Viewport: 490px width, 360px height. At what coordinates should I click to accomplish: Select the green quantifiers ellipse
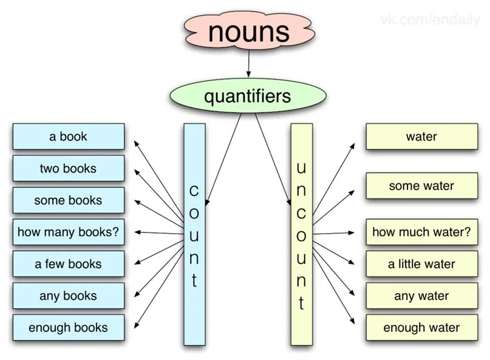[x=247, y=96]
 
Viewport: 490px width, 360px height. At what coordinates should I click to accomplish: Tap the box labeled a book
[x=68, y=137]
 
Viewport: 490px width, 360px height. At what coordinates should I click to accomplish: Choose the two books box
[x=68, y=168]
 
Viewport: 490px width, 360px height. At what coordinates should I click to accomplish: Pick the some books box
[x=68, y=200]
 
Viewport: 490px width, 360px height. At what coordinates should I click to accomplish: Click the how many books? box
[x=68, y=232]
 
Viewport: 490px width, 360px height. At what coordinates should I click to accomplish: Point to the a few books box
[x=68, y=264]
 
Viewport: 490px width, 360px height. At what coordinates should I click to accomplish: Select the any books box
[x=68, y=296]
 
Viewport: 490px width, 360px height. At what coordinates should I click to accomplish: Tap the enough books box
[x=68, y=328]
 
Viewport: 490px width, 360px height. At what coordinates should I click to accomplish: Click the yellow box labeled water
[x=421, y=137]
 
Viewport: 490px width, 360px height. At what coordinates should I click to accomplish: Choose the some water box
[x=421, y=186]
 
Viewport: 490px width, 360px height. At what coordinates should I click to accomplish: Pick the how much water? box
[x=421, y=232]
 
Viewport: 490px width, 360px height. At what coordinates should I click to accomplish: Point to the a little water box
[x=421, y=264]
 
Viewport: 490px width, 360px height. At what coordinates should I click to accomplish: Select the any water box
[x=421, y=296]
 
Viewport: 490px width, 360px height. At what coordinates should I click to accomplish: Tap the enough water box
[x=421, y=328]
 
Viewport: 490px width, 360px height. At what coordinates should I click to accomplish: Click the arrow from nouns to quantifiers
[x=248, y=64]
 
